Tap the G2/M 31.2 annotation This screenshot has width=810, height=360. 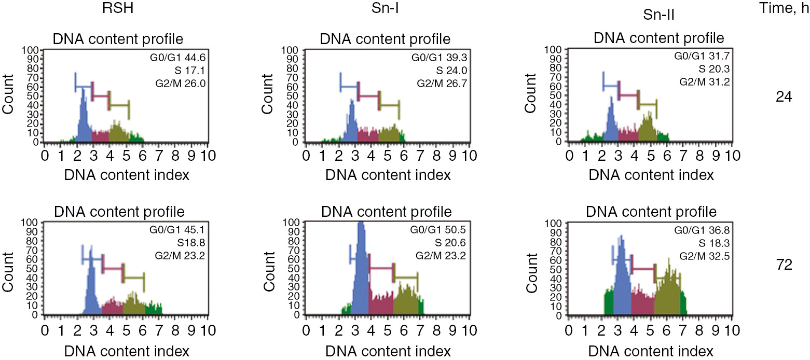(705, 81)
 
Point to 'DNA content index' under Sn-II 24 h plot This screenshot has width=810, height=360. (651, 175)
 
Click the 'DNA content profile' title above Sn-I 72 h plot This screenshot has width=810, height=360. (386, 212)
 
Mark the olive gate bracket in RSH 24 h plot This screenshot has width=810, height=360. (119, 106)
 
